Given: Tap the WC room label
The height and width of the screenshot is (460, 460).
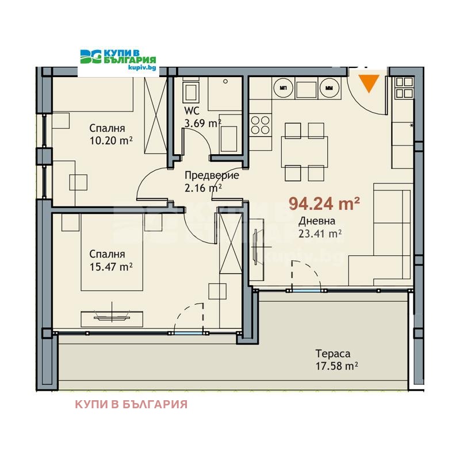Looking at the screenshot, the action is click(x=191, y=111).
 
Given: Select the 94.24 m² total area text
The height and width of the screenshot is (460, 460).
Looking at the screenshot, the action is click(x=324, y=204).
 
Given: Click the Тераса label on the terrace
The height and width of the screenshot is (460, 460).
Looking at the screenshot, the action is click(x=333, y=354).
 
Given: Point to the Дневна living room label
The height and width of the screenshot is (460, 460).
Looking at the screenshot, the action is click(x=317, y=221).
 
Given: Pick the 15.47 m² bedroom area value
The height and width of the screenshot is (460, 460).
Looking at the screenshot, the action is click(x=111, y=267).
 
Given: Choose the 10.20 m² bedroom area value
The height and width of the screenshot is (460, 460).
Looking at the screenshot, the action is click(x=111, y=141).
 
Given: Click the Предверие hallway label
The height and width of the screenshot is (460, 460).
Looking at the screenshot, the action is click(x=212, y=175).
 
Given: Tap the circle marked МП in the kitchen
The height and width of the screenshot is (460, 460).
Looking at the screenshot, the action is click(x=283, y=88).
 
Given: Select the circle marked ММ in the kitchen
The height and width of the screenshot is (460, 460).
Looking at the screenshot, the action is click(x=329, y=88).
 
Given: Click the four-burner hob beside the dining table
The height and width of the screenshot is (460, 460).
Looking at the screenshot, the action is click(x=260, y=125).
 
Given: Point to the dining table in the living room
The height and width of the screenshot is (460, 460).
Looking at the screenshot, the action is click(x=305, y=151).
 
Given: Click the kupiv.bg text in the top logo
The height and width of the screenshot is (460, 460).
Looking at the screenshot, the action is click(x=142, y=68).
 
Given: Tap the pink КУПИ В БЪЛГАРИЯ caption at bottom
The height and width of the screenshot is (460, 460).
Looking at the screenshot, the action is click(x=131, y=404).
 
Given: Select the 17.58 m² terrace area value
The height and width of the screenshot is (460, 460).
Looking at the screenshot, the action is click(x=337, y=366).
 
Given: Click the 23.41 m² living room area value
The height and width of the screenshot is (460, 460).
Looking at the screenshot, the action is click(x=320, y=234).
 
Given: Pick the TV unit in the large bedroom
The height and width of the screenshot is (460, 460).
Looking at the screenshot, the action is click(x=112, y=319).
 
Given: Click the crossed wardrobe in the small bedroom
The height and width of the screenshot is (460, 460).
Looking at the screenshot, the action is click(x=155, y=116).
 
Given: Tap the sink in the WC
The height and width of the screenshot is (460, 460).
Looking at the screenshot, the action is click(x=191, y=91).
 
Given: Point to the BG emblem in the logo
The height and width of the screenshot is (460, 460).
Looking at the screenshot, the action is click(x=91, y=56).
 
